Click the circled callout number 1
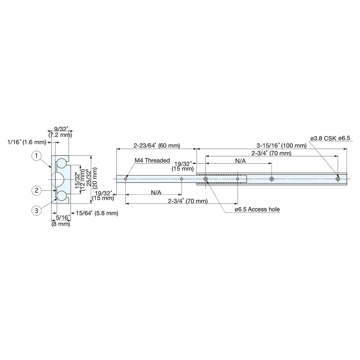[x=36, y=156]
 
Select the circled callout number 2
[x=36, y=190]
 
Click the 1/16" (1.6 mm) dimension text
[x=27, y=142]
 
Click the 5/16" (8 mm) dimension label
[x=60, y=220]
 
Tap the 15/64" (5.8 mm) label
[x=97, y=213]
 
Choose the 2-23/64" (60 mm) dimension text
[x=157, y=146]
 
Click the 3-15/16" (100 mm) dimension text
[x=281, y=146]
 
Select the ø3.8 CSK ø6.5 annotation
[x=330, y=138]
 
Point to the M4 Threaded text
[x=152, y=161]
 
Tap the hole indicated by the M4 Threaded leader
[x=125, y=179]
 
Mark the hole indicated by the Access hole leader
[x=205, y=179]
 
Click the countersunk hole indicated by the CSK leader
[x=338, y=179]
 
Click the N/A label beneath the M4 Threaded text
[x=156, y=193]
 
